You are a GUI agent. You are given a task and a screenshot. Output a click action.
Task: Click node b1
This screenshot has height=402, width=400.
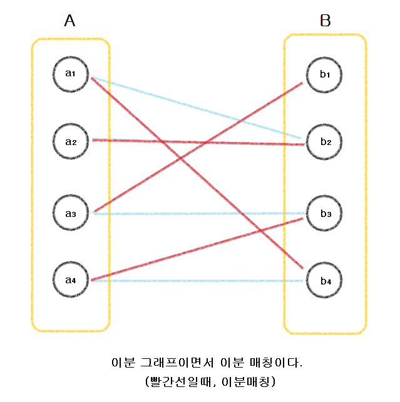(x=325, y=74)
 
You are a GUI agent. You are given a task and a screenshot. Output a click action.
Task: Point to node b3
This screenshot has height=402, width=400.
(x=325, y=214)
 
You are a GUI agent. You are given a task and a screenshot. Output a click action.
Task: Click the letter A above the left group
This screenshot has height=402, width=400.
(x=69, y=21)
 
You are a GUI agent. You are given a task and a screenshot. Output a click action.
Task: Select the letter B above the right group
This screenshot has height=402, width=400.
(x=325, y=21)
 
